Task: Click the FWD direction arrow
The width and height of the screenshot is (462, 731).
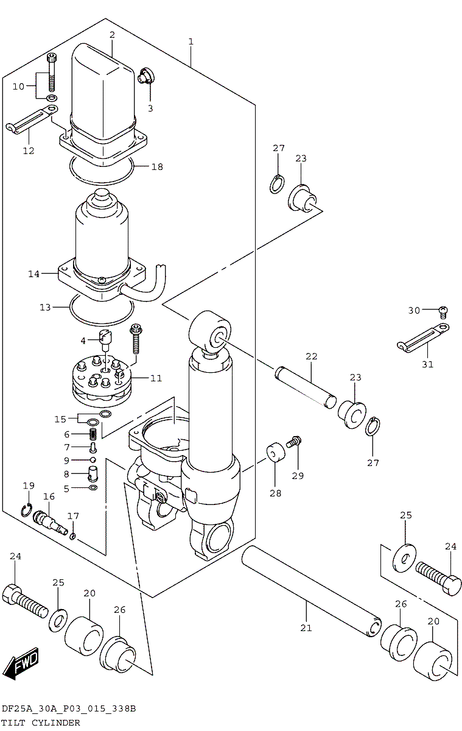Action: point(22,663)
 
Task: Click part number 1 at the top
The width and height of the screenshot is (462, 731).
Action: point(191,41)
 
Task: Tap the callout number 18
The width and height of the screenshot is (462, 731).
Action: point(157,167)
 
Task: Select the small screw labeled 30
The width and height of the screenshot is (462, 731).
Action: point(444,312)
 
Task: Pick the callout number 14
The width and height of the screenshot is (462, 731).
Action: point(33,274)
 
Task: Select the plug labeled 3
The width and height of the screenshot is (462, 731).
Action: point(146,76)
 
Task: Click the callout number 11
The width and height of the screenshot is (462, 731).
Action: point(156,378)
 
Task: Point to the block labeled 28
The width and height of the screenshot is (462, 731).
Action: point(275,453)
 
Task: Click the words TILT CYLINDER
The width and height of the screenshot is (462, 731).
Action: point(41,722)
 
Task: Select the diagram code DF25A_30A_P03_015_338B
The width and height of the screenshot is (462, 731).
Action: point(68,709)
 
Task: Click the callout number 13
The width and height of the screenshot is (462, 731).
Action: point(45,308)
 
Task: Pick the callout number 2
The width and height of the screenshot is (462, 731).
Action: point(112,35)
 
